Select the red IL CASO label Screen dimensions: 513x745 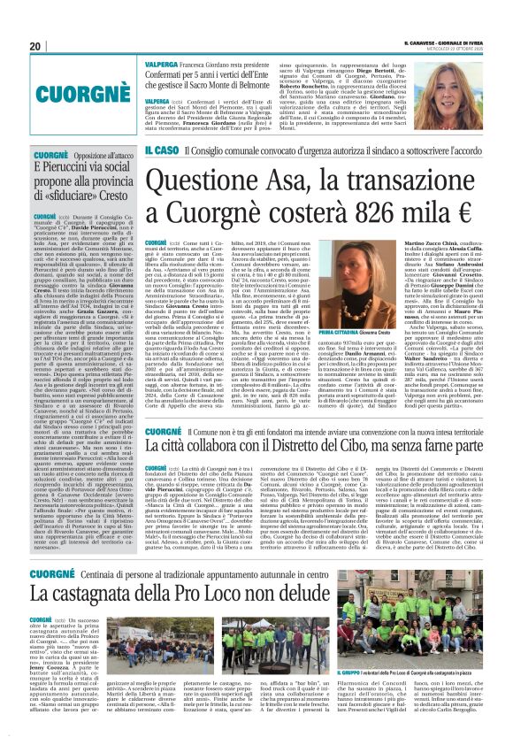pyautogui.click(x=160, y=154)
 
